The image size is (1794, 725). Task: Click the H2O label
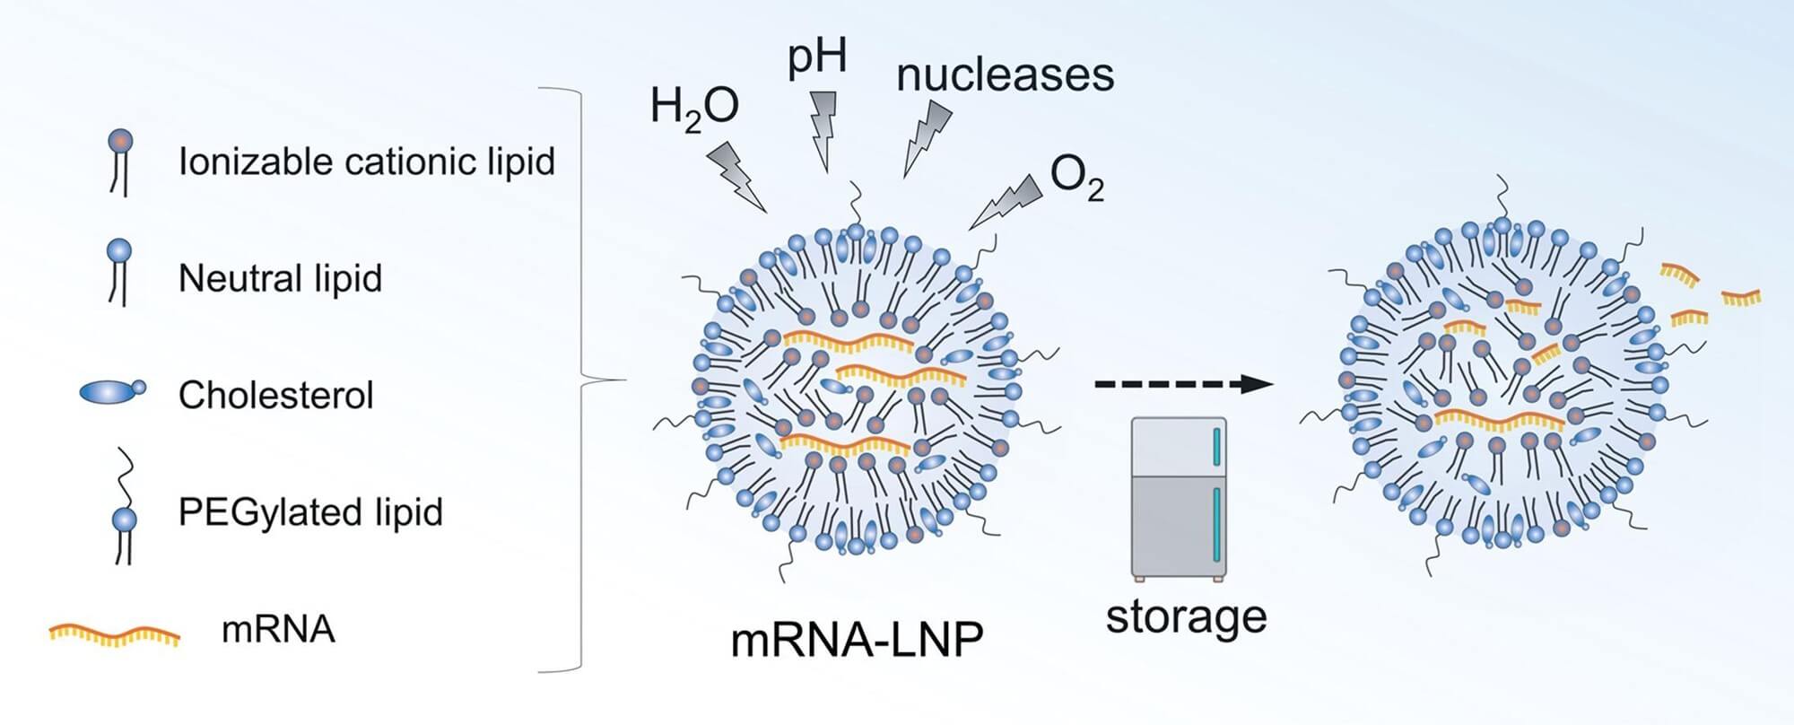coord(694,109)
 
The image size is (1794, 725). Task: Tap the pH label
coord(816,58)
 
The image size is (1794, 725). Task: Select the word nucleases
coord(1005,74)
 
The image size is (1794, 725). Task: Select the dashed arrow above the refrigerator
coord(1182,384)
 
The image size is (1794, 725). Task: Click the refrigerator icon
coord(1179,499)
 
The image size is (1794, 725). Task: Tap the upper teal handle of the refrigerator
coord(1217,447)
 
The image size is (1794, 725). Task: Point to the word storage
coord(1186,617)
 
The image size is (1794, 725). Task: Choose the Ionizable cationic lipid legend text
coord(367,162)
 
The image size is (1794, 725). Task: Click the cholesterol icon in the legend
coord(111,392)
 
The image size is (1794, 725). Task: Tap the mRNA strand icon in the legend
coord(114,634)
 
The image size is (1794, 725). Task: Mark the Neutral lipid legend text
coord(280,278)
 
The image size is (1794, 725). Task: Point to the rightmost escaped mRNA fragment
coord(1740,296)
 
